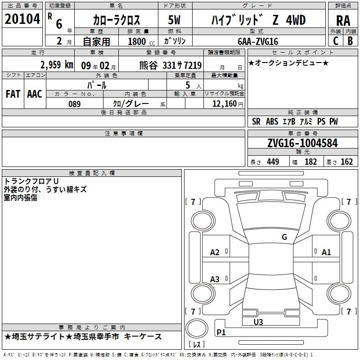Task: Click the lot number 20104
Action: click(x=22, y=19)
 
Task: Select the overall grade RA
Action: click(x=343, y=21)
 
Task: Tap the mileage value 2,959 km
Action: click(x=57, y=65)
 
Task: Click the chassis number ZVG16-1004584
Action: click(x=302, y=143)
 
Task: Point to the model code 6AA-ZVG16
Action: click(x=258, y=41)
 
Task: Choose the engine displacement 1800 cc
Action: click(x=141, y=41)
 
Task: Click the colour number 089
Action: click(x=75, y=104)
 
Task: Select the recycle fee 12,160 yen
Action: click(x=228, y=104)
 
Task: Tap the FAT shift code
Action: click(x=13, y=94)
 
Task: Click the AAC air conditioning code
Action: click(x=35, y=94)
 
